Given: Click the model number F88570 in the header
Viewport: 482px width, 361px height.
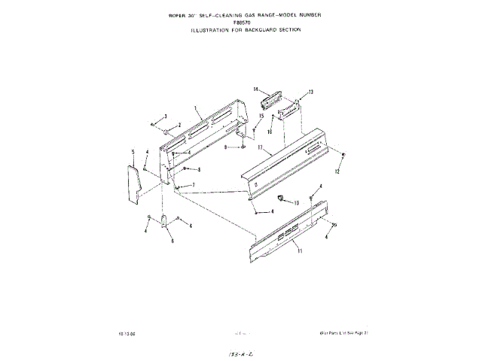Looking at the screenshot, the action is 241,43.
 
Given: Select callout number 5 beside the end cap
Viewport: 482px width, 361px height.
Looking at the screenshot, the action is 133,152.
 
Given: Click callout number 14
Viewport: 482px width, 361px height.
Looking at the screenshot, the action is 256,89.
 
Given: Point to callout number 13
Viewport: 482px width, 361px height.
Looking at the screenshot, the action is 310,92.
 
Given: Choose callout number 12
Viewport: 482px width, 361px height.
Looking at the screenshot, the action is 337,172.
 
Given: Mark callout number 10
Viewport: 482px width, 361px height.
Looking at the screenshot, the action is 296,203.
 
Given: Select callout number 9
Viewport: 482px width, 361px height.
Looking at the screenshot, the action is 225,147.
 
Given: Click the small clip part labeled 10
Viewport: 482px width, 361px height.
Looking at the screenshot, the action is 279,199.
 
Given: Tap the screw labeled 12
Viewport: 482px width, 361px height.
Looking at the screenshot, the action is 343,156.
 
